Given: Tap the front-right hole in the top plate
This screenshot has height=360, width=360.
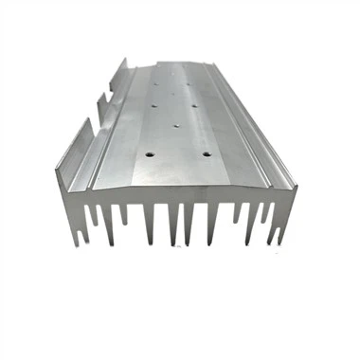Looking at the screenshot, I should [202, 151].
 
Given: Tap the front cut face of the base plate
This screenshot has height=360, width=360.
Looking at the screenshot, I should [180, 194].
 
